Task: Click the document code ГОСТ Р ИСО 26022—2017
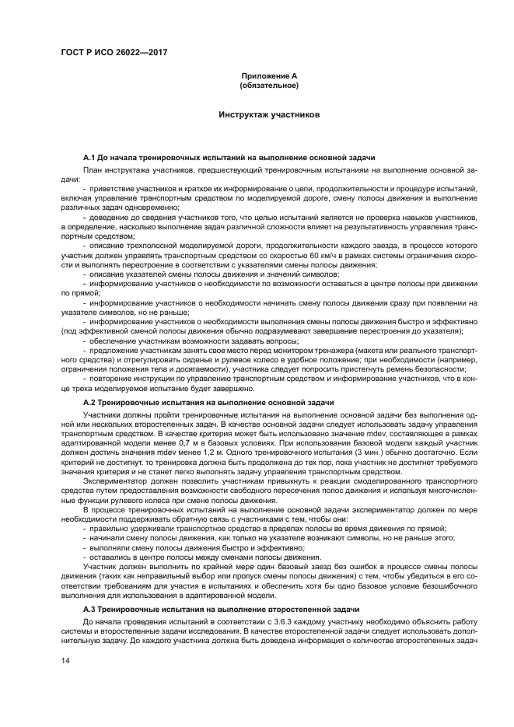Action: (114, 52)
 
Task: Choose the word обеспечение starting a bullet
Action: (114, 342)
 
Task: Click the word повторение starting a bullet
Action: (113, 378)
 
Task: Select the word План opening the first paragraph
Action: (92, 169)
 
